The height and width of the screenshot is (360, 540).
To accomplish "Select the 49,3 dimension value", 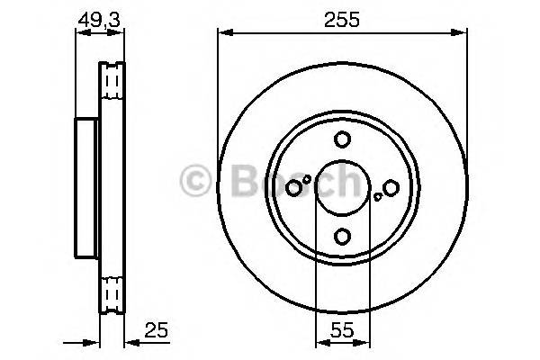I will coord(100,18).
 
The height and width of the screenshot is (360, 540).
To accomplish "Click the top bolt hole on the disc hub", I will coord(341,139).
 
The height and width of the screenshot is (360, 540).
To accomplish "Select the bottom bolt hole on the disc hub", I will coord(341,236).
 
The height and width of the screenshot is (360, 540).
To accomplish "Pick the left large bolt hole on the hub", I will coord(293,187).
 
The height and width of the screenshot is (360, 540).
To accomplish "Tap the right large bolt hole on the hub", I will coord(390,187).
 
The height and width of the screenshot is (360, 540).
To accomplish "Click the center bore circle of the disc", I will coord(341,187).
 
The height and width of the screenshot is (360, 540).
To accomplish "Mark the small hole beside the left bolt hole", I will coord(307,179).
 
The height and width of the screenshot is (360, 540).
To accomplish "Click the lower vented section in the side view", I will coord(112,292).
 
